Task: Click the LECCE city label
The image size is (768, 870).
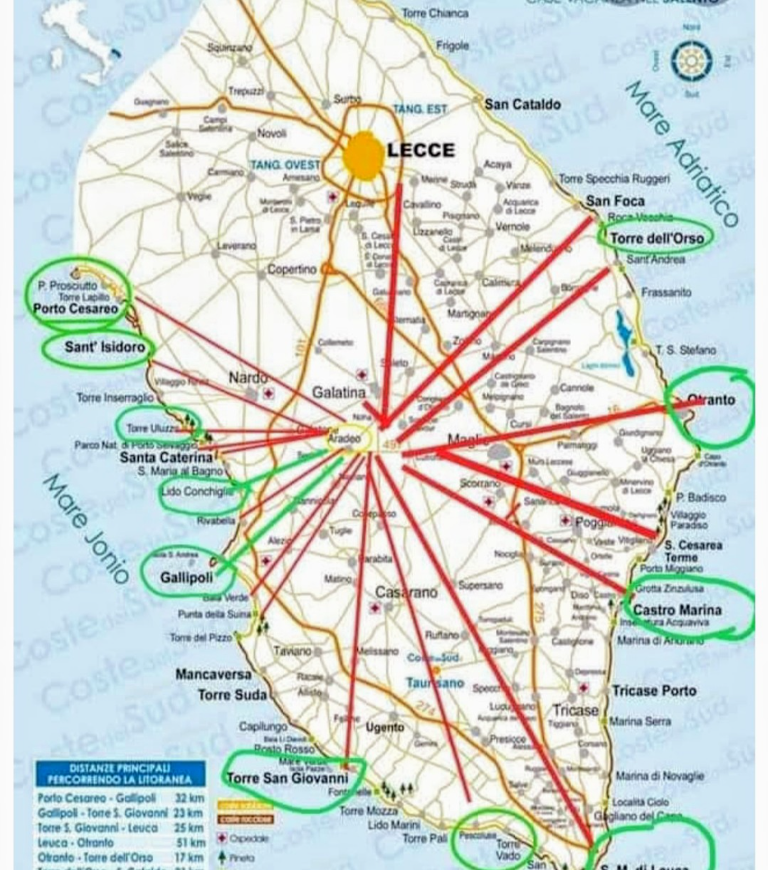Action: (x=421, y=150)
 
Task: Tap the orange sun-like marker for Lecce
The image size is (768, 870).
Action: (x=364, y=157)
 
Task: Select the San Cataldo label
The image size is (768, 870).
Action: (x=522, y=104)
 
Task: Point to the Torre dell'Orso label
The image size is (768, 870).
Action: (x=657, y=238)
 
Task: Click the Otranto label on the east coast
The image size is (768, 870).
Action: (x=711, y=399)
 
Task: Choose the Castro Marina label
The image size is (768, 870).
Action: (x=677, y=610)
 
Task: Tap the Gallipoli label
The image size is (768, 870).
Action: (x=186, y=577)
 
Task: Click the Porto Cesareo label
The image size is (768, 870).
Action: (x=76, y=308)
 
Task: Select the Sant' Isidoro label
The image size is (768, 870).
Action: (x=105, y=347)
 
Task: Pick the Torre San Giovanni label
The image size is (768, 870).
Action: (x=287, y=777)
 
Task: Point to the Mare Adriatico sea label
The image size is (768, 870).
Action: (x=682, y=154)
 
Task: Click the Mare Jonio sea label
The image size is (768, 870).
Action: (x=86, y=528)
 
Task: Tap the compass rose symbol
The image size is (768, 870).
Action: (x=691, y=61)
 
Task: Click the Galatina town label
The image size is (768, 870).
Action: (x=339, y=392)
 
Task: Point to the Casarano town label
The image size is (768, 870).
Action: (x=406, y=592)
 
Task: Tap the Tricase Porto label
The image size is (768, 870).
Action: (x=654, y=690)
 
